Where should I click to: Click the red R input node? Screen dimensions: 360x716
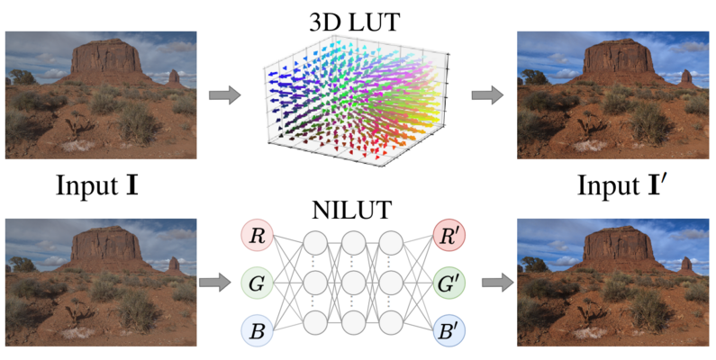point(258,237)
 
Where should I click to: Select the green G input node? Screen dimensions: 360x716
point(258,283)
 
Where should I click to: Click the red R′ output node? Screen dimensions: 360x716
point(448,237)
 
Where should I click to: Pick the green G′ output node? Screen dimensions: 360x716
point(448,283)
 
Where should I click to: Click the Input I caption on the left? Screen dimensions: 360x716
point(96,187)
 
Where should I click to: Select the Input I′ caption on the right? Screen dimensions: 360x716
point(622,187)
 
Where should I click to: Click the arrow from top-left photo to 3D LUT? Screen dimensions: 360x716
point(225,94)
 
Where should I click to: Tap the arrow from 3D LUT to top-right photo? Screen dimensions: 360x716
point(487,94)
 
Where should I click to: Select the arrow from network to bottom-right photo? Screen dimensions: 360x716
point(494,283)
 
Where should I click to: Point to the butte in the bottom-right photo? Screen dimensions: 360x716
point(618,247)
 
